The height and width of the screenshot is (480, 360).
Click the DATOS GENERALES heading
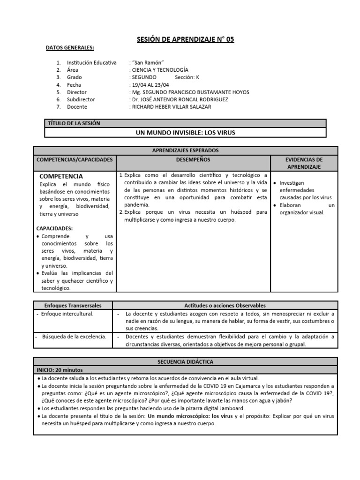[x=70, y=48]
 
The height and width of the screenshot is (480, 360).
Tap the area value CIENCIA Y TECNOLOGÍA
[x=160, y=70]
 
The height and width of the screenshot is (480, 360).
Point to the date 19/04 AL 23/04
[x=150, y=85]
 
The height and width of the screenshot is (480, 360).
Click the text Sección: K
[x=187, y=77]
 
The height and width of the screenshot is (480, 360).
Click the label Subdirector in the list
[x=81, y=99]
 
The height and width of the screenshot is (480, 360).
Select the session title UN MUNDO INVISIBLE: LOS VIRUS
[x=185, y=133]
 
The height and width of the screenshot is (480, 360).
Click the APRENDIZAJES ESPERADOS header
[x=185, y=150]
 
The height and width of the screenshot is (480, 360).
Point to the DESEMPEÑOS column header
[x=194, y=160]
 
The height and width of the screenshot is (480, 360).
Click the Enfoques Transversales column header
[x=73, y=305]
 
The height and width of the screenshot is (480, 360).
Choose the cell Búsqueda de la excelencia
[x=74, y=336]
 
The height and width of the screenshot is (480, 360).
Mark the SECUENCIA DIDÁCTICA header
[x=185, y=362]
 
